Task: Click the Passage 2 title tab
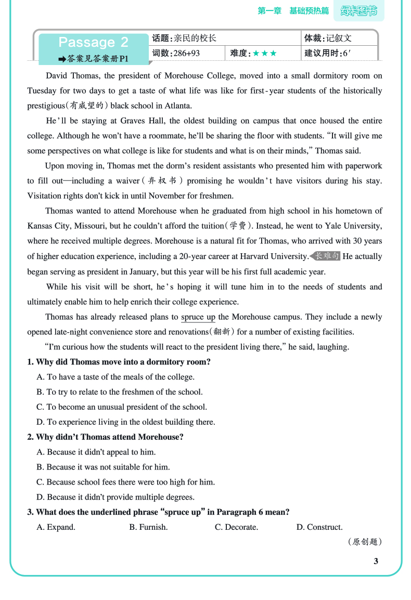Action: (93, 42)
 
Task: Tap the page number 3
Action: (376, 561)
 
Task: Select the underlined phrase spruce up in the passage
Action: (198, 317)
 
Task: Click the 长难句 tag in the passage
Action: (326, 256)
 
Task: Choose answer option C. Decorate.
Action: (236, 527)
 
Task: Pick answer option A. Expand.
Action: (56, 527)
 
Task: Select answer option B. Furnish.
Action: (148, 527)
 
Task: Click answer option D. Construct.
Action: (319, 527)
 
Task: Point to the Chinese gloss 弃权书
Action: (162, 181)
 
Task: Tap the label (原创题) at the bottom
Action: (364, 542)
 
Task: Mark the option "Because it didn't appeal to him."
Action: (96, 452)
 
